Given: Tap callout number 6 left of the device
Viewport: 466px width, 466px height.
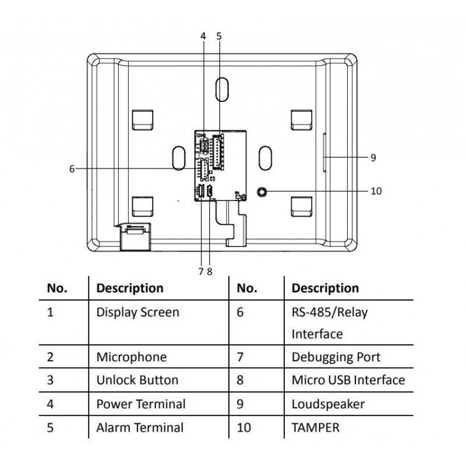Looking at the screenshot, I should pos(72,169).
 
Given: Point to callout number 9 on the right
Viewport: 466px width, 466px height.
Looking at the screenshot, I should pos(373,157).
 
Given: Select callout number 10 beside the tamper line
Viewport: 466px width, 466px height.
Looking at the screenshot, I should pos(376,191).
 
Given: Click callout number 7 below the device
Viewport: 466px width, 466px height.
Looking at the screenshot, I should pos(200,271).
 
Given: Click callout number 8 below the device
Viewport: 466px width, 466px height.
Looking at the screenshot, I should pos(209,271).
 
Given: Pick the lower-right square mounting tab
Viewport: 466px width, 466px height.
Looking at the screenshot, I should pos(302,204).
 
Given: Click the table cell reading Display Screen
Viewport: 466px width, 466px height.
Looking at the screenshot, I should pos(137,312).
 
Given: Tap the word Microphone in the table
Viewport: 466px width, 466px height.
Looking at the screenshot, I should pos(131,357).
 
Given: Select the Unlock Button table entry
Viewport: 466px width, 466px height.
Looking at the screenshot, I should pos(137,380).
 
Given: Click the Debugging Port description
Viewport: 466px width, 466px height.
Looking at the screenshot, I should pos(336,357).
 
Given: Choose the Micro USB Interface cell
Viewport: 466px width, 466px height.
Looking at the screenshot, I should pos(348,380).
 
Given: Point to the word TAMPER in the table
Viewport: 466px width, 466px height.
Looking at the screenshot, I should pos(315,428).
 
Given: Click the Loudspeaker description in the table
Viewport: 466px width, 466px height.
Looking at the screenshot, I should pos(328,404).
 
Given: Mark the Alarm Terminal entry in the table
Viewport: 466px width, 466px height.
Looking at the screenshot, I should pos(140,428).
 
